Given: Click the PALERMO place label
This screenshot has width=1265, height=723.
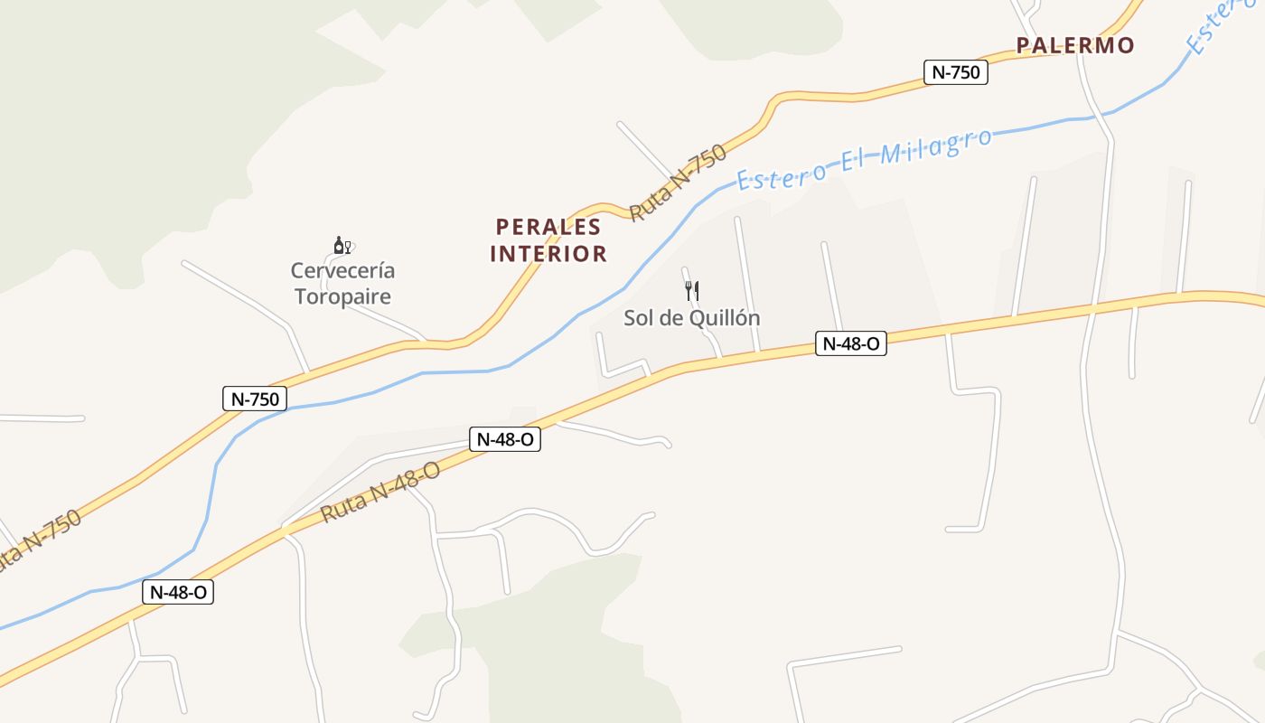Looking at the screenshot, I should click(1074, 45).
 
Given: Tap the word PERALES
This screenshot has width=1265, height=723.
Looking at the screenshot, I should click(548, 226).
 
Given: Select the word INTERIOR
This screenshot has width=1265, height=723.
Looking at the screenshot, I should click(548, 253).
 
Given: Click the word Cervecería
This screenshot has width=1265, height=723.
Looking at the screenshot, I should click(342, 270).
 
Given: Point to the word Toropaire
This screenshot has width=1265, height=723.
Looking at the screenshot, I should click(342, 296).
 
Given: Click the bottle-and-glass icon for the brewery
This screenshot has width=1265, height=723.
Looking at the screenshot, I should click(342, 245).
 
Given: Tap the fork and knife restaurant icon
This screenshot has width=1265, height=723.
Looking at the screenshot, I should click(692, 291).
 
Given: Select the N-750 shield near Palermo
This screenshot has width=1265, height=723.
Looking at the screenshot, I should click(955, 72).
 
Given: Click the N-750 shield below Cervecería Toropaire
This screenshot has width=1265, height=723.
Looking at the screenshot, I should click(255, 399).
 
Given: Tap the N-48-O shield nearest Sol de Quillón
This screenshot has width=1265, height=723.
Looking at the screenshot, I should click(850, 343).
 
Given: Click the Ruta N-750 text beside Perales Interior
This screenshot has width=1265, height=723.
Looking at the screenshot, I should click(678, 183).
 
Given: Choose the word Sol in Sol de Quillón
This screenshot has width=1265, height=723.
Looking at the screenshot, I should click(639, 318).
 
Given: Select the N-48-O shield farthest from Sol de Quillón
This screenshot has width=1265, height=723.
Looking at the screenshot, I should click(178, 592).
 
